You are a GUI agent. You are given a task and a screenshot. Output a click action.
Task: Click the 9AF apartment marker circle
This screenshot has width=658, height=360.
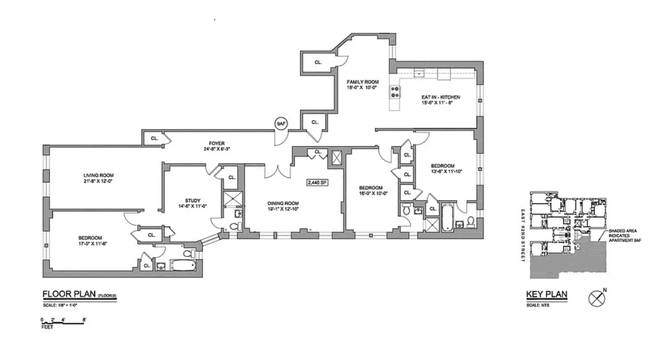[281, 124]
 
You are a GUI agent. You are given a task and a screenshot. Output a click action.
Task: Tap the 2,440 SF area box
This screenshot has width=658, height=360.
[317, 182]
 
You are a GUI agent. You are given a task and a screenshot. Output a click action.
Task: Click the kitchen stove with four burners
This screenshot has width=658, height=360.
[395, 92]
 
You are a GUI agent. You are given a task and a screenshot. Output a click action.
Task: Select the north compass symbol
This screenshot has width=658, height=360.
[596, 299]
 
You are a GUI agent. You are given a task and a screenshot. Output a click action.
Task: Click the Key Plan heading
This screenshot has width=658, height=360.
[547, 295]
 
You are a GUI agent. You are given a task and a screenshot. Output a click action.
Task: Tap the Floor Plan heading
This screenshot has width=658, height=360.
[69, 294]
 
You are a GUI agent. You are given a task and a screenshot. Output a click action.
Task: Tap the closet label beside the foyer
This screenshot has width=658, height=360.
[154, 139]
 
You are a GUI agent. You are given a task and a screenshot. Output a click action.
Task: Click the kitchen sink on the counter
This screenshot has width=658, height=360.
[419, 73]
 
